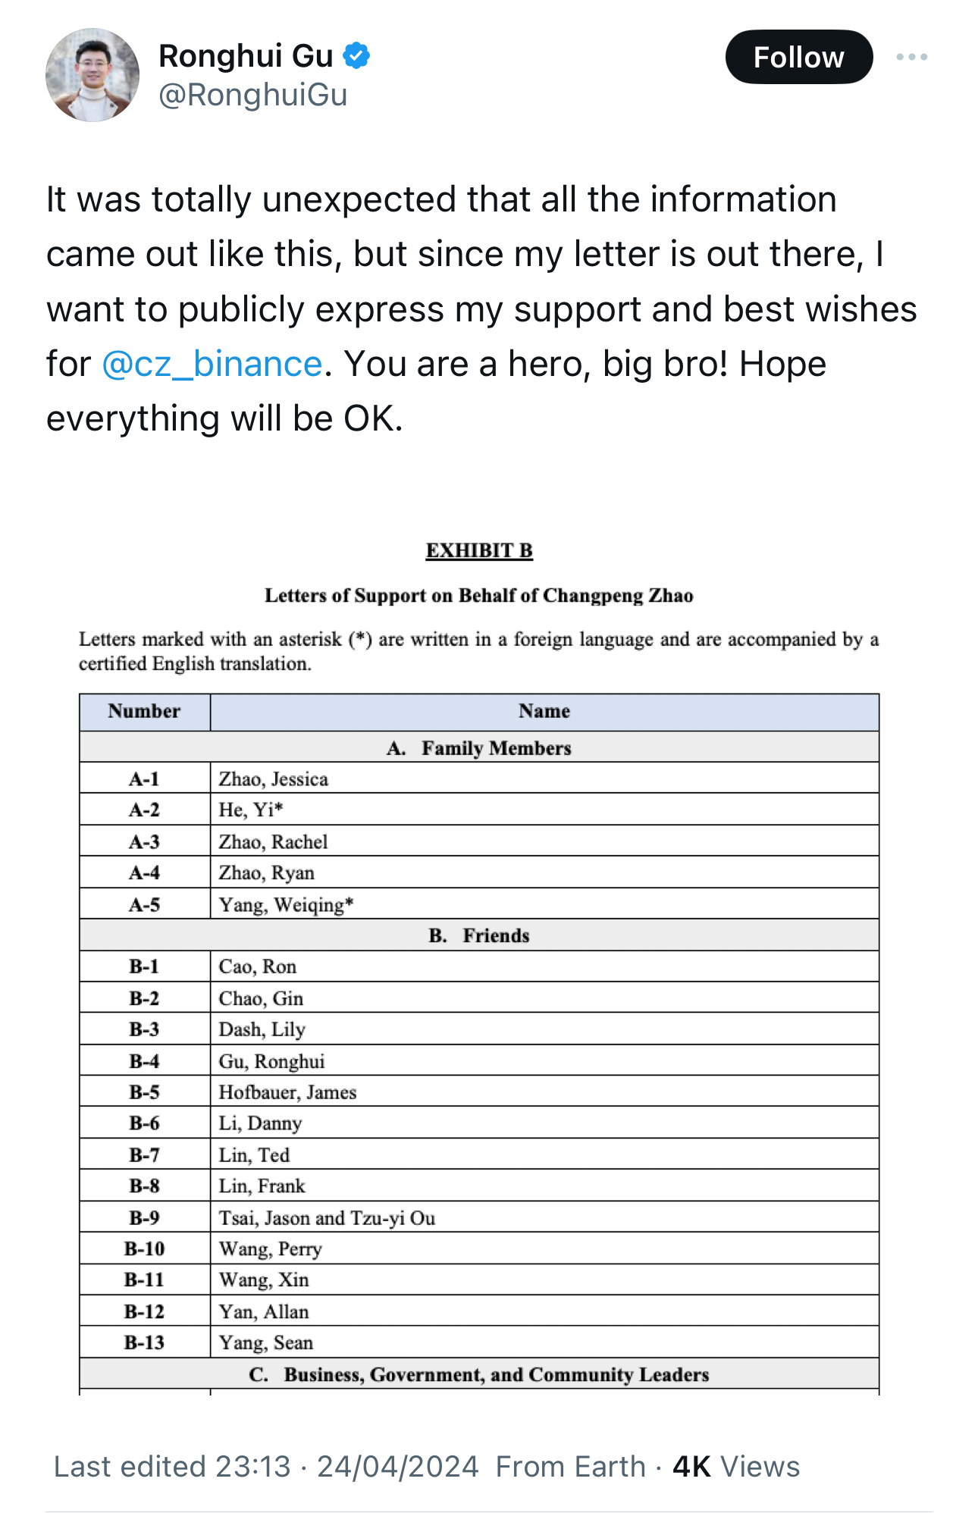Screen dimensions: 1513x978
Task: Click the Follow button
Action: pos(798,58)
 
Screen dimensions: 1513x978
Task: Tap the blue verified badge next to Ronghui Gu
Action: pos(356,56)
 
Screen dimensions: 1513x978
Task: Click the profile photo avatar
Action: pos(92,75)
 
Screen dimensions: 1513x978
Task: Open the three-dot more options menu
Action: pos(911,58)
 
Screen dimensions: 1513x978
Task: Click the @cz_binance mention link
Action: pos(212,364)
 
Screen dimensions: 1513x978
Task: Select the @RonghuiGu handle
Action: pos(252,96)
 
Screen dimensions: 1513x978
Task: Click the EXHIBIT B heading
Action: pos(479,550)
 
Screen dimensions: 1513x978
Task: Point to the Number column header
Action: pos(144,711)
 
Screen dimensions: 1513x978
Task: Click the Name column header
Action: pos(544,711)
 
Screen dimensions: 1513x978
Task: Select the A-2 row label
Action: pos(144,810)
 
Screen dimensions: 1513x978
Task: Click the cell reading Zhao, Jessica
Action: pos(274,779)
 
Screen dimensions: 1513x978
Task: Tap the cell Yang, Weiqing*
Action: pos(286,904)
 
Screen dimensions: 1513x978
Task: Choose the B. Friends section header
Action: pos(479,935)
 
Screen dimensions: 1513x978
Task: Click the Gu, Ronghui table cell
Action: pos(271,1061)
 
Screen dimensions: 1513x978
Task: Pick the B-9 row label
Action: pos(144,1217)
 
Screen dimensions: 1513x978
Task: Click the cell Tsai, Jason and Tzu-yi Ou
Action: pos(327,1217)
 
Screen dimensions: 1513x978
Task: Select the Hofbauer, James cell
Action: pos(287,1092)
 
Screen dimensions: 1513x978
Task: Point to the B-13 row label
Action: pos(144,1342)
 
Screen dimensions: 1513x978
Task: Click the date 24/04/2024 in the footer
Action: pos(397,1467)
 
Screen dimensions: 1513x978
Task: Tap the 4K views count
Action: pos(735,1467)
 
